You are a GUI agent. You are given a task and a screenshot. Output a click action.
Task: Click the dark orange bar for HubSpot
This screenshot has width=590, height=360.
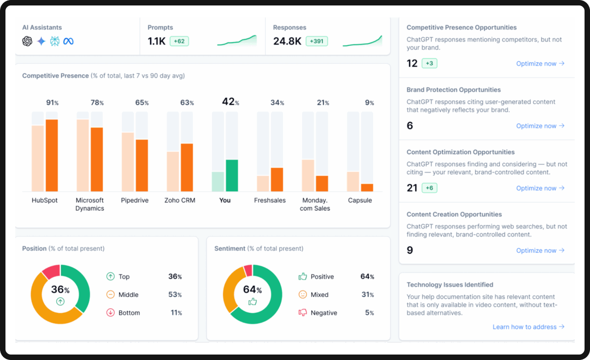coord(52,155)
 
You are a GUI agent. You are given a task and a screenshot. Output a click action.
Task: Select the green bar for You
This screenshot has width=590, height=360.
coord(232,175)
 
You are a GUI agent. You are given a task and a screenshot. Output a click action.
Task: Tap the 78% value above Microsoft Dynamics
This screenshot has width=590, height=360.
coord(97,103)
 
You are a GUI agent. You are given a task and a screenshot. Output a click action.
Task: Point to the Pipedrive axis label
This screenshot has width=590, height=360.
coord(134,200)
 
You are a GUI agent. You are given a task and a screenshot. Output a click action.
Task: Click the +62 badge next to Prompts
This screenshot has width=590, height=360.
coord(179,41)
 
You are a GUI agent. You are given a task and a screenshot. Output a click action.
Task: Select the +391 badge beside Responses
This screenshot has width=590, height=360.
coord(316,41)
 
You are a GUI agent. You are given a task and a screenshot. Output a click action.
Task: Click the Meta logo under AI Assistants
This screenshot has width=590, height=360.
coord(68,42)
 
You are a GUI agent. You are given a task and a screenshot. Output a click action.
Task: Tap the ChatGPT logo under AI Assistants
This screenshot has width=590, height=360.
coord(27,42)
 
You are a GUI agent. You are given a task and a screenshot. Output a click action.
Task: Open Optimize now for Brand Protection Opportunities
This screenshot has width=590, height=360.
coord(540,126)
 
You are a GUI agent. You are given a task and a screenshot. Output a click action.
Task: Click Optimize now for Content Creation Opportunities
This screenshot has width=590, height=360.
coord(540,251)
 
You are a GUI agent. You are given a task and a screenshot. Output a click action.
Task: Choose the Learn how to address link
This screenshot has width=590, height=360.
coord(528,327)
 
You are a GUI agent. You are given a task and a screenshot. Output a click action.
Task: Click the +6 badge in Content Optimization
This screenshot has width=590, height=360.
coord(429,188)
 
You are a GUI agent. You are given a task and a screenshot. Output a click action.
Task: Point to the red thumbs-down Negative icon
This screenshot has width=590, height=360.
coord(303,313)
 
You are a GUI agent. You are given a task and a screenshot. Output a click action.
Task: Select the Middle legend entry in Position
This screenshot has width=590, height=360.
coord(128,295)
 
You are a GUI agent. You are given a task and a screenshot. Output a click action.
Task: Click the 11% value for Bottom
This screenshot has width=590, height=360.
coord(175,313)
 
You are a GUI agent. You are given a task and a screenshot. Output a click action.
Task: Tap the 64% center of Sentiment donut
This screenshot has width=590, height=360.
coord(252,290)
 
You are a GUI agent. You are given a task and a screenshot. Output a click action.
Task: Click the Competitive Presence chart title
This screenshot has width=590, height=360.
coord(55,76)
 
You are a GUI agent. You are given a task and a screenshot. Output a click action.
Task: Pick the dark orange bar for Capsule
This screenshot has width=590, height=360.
coord(367,187)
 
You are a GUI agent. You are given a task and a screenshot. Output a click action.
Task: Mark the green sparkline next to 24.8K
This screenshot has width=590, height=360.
coord(362,42)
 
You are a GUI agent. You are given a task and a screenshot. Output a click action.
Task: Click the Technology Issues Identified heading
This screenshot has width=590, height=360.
coord(450,285)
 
